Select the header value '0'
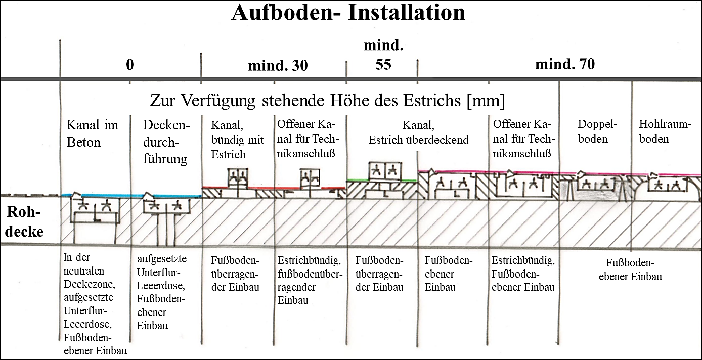(x=130, y=65)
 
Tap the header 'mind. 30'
(x=278, y=66)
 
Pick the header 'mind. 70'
(x=565, y=64)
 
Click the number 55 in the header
(x=384, y=65)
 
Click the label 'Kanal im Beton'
(x=92, y=133)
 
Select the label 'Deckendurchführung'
(x=165, y=142)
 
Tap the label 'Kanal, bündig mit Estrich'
(x=237, y=140)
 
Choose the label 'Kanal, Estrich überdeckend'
(x=418, y=132)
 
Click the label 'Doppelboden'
(x=592, y=131)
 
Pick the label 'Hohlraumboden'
(x=665, y=131)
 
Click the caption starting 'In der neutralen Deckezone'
(x=95, y=303)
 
